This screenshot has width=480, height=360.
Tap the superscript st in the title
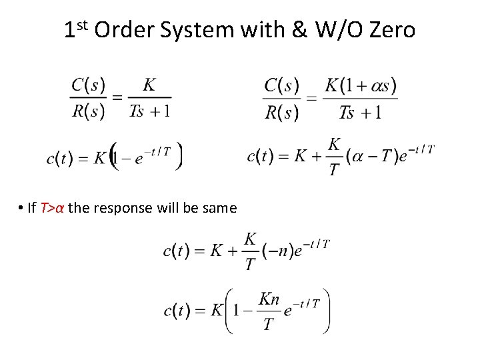point(81,25)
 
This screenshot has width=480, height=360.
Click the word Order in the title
point(121,30)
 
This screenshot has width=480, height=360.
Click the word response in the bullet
point(123,209)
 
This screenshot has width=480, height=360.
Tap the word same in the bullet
point(219,208)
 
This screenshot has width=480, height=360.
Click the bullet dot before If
point(22,209)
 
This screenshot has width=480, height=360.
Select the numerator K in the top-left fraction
point(149,85)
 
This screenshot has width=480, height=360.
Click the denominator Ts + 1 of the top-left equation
point(149,111)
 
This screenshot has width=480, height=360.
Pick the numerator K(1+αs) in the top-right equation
point(361,86)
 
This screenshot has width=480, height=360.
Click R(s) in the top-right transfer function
point(282,113)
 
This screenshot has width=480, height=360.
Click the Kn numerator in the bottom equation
point(269,300)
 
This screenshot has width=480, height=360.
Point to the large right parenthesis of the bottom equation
point(325,311)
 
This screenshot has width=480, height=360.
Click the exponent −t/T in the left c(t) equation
point(157,151)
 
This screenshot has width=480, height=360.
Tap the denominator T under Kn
point(268,325)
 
